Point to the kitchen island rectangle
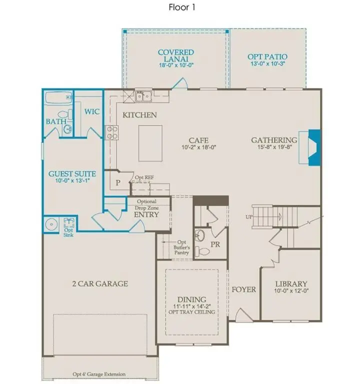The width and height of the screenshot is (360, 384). coord(150,143)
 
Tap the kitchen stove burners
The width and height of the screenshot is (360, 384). coord(112,132)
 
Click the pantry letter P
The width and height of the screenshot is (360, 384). coord(118,182)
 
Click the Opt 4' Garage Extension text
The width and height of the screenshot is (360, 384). coord(98,374)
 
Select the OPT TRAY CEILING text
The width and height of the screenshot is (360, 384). coord(192,312)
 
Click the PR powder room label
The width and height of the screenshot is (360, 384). coord(215,245)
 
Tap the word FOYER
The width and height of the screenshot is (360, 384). coord(243,289)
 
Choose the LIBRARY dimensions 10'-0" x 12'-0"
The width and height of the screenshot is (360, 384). coord(290,291)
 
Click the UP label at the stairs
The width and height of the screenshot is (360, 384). coord(248,217)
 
